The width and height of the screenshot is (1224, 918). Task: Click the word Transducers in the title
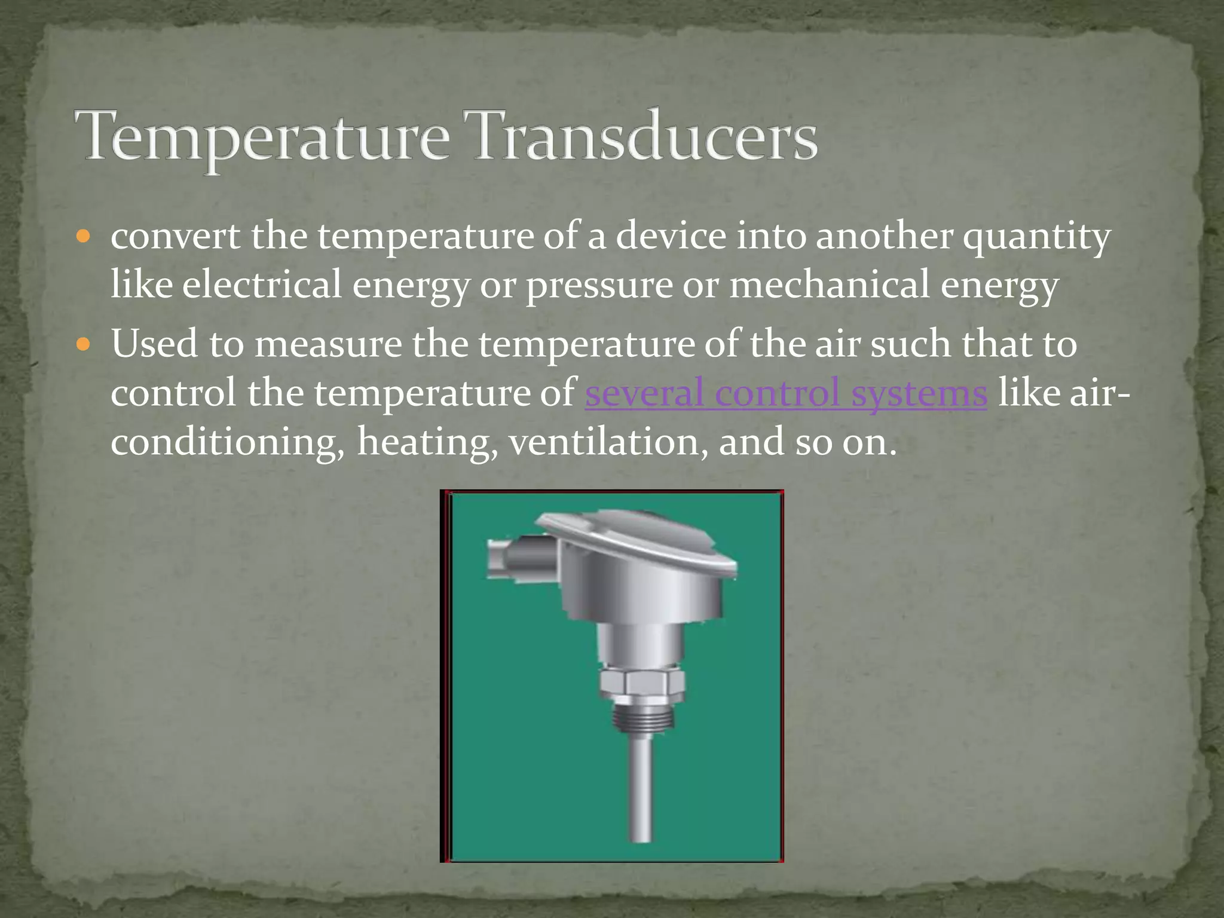645,136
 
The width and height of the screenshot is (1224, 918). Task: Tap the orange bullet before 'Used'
83,344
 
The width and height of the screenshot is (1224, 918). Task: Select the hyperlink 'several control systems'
786,393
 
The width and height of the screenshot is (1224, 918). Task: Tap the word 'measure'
329,345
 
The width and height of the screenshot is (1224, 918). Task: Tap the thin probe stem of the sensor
641,789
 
